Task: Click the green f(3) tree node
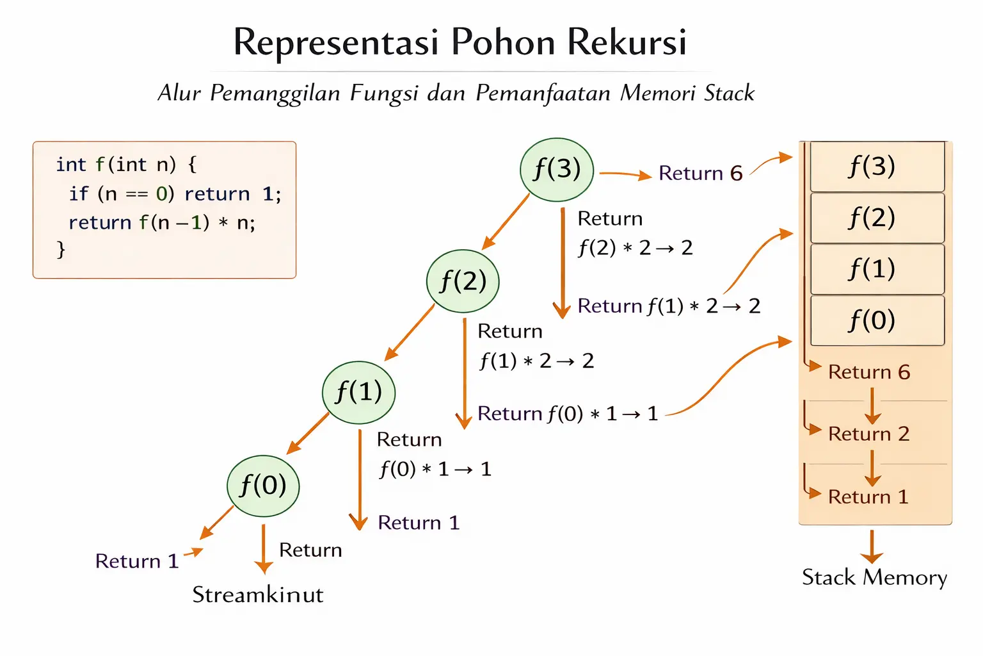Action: click(x=557, y=170)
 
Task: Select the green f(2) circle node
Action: click(x=463, y=281)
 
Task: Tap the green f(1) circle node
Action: click(x=358, y=392)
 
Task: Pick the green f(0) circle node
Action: click(x=263, y=486)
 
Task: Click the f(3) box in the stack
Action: click(x=877, y=167)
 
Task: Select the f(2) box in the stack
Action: click(x=877, y=218)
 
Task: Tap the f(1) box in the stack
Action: click(x=877, y=269)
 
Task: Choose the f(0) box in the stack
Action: click(x=877, y=320)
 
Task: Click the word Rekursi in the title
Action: click(x=627, y=42)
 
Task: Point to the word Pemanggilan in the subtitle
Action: click(x=275, y=94)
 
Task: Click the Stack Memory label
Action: click(x=874, y=578)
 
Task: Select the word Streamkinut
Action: click(x=258, y=595)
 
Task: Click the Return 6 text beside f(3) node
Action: click(x=700, y=174)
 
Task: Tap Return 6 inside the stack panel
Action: click(x=868, y=372)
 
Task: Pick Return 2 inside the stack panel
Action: click(x=868, y=434)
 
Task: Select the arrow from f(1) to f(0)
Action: click(x=308, y=434)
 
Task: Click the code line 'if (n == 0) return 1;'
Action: click(x=175, y=193)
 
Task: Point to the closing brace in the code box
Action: click(x=61, y=249)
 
